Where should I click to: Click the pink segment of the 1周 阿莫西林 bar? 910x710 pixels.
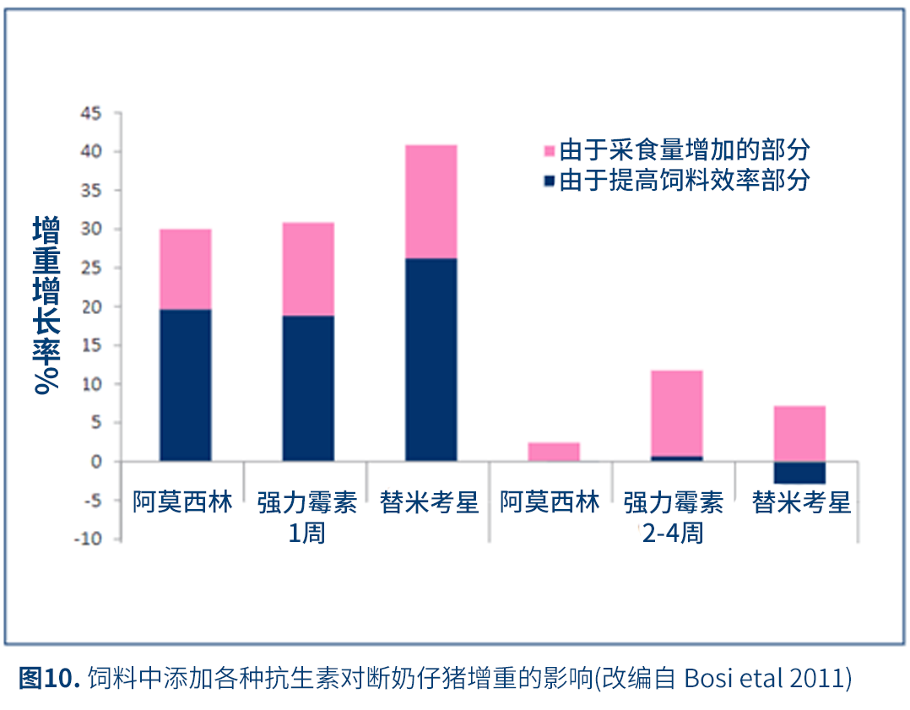point(186,269)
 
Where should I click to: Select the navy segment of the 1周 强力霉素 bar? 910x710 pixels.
point(308,388)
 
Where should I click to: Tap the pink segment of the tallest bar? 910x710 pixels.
point(431,202)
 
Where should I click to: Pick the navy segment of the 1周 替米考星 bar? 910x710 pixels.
point(431,359)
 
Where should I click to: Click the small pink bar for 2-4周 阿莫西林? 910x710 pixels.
point(554,452)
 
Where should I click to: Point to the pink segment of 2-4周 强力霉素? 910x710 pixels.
point(676,413)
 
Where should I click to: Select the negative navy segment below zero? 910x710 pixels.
point(799,472)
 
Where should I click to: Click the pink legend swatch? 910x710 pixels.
point(549,152)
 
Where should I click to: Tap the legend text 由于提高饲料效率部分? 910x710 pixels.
point(685,180)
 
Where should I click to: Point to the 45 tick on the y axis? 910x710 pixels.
point(89,113)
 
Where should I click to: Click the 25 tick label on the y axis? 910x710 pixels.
point(89,268)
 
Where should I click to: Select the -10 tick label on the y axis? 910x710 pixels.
point(87,539)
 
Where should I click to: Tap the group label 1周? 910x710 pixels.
point(307,534)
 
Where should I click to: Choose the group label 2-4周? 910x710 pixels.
point(673,534)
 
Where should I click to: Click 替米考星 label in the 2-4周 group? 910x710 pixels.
point(801,504)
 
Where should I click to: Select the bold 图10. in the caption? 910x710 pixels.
point(49,678)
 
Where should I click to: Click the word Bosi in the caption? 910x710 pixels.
point(703,678)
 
